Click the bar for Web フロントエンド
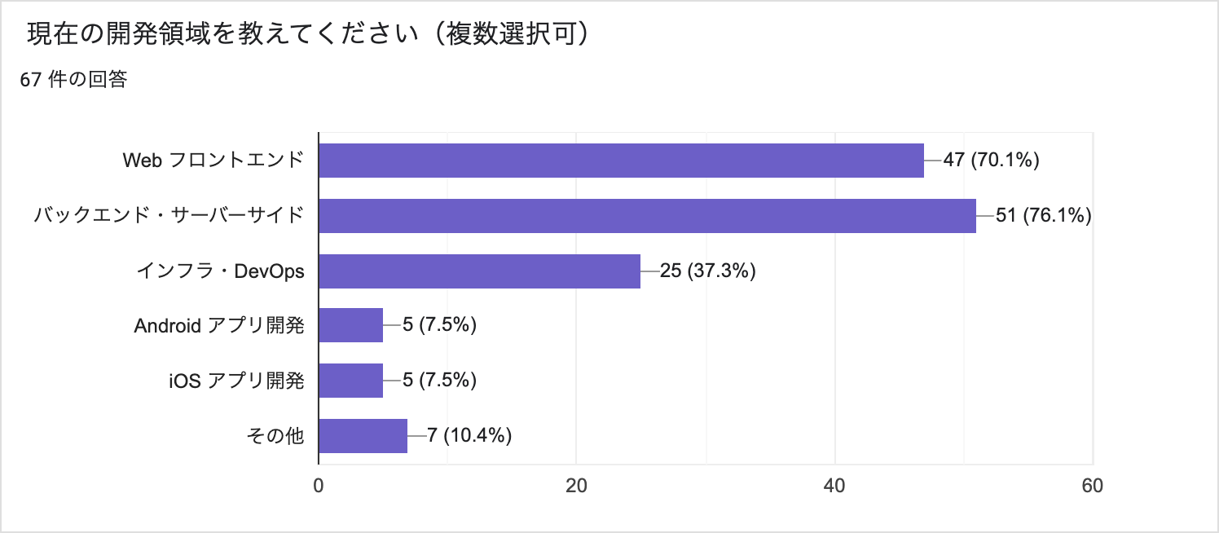[621, 161]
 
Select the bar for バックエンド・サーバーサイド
[647, 216]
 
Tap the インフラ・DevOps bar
[479, 271]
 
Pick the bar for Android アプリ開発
[350, 326]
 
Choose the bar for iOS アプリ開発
[350, 381]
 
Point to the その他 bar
[363, 436]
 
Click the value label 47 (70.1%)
[991, 161]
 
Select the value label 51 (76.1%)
[1043, 216]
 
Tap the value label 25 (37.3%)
[707, 271]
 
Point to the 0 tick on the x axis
[319, 486]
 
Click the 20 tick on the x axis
[577, 486]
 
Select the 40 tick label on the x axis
[834, 486]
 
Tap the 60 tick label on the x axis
[1093, 486]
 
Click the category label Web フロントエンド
[213, 161]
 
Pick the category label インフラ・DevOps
[220, 271]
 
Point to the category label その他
[275, 436]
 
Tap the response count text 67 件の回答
[74, 80]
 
